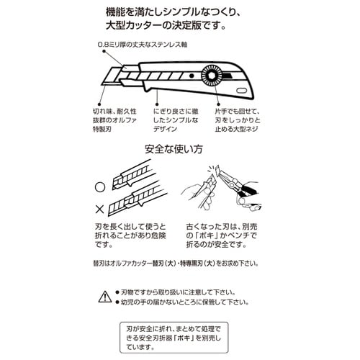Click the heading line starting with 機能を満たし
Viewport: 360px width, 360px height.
[x=180, y=12]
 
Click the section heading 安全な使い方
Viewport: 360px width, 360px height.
[x=180, y=150]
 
